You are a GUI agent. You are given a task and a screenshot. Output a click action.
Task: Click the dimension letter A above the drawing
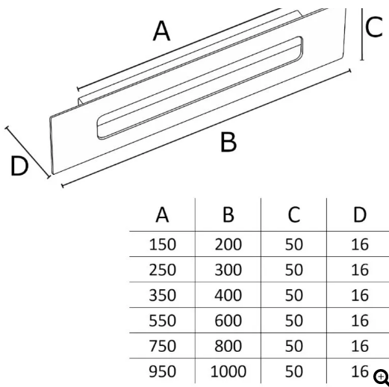162,31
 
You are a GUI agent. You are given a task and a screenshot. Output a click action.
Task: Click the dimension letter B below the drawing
228,142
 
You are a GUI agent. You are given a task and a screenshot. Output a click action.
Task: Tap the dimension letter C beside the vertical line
374,27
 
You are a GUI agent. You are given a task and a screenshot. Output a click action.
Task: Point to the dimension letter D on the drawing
19,166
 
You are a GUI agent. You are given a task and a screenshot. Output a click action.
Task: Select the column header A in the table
162,214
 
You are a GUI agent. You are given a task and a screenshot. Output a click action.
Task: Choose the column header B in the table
228,214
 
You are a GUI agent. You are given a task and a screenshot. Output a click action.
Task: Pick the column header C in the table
294,214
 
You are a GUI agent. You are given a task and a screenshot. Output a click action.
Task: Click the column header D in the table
360,214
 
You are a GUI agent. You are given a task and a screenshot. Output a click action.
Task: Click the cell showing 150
163,244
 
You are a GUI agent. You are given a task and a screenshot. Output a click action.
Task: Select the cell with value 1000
228,371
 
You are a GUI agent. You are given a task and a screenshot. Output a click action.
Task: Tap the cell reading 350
163,295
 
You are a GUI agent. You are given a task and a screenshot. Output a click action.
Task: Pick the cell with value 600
228,321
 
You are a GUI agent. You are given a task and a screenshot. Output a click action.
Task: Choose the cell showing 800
228,346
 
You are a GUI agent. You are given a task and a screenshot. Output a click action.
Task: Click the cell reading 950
163,371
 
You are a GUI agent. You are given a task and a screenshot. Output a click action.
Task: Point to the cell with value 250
163,270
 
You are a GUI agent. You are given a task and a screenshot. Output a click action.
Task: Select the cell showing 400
228,295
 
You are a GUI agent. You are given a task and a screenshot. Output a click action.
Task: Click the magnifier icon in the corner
382,377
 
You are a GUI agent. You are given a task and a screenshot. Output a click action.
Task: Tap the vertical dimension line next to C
362,34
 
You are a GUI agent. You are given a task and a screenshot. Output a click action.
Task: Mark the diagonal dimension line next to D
28,152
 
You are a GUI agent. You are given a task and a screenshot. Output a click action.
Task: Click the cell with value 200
228,244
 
